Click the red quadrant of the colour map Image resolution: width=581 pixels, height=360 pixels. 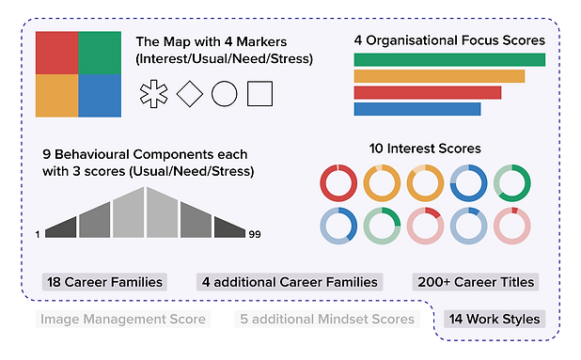point(56,52)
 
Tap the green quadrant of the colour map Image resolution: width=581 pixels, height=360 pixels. point(100,52)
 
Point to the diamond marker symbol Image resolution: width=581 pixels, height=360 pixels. point(189,93)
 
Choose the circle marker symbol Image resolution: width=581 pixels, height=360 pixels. point(225,93)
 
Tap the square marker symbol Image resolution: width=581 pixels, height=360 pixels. point(259,93)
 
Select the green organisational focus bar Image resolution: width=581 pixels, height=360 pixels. point(449,60)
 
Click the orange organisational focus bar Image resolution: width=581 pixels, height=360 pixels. point(439,76)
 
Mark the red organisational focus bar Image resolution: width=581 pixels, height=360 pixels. point(428,92)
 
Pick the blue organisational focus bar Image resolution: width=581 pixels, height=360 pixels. point(417,108)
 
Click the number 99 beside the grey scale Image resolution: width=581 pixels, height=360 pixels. point(255,233)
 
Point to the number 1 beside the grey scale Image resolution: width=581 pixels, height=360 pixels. point(39,233)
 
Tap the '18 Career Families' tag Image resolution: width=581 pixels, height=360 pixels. point(104,281)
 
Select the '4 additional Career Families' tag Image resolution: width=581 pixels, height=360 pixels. point(289,281)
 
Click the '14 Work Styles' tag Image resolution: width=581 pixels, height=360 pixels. point(495,319)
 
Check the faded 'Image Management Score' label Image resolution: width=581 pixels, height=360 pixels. point(122,319)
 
